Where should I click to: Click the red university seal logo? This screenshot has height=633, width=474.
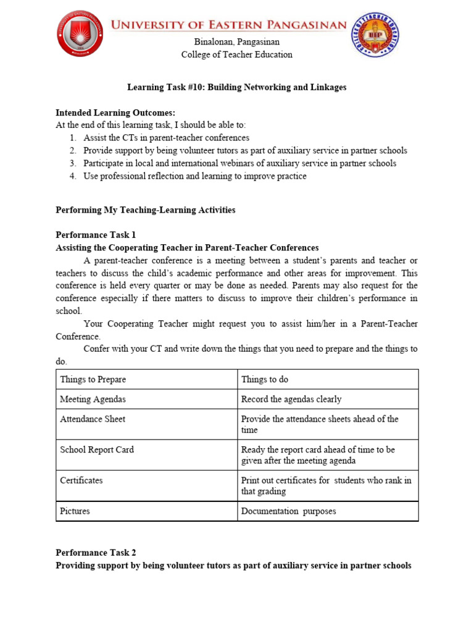tap(80, 33)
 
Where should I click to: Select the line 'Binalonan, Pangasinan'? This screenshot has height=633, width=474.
tap(236, 42)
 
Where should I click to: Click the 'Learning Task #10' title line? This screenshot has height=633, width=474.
tap(236, 87)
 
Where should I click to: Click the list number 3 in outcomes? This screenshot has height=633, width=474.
tap(72, 163)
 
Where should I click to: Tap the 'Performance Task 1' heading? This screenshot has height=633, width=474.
tap(95, 235)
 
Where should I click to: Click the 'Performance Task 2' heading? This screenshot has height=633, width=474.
tap(95, 553)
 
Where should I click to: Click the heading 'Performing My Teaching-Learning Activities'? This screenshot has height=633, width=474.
tap(145, 210)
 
